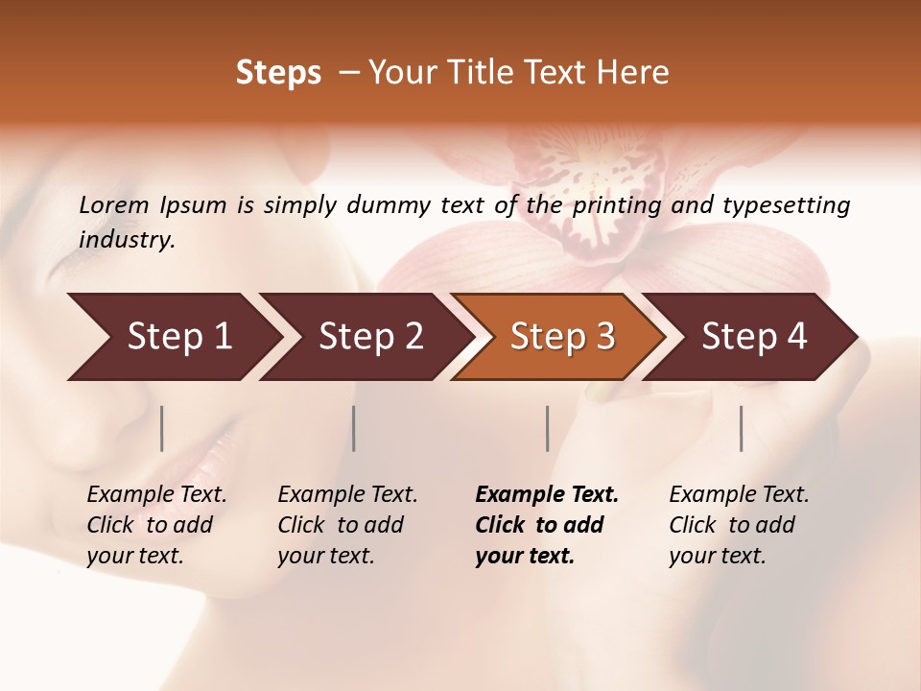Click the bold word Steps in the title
click(278, 73)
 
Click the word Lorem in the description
click(113, 204)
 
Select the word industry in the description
click(126, 240)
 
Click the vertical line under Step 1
click(162, 428)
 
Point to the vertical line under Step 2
click(354, 428)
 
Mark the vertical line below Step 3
click(548, 428)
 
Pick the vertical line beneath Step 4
click(741, 428)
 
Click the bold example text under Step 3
click(547, 525)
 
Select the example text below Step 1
click(156, 525)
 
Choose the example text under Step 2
click(347, 525)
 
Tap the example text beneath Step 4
click(739, 525)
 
